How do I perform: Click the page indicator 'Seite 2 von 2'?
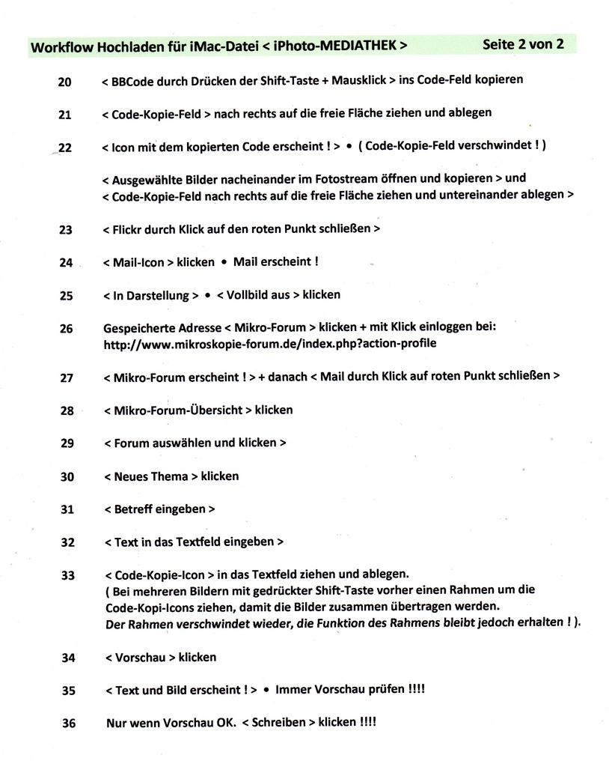point(523,43)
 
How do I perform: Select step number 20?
point(64,82)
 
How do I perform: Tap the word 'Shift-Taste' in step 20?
point(290,80)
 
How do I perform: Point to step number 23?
point(65,230)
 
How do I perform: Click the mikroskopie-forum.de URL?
point(269,344)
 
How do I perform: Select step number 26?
point(66,328)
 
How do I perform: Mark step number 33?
point(67,575)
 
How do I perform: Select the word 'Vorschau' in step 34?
point(141,657)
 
